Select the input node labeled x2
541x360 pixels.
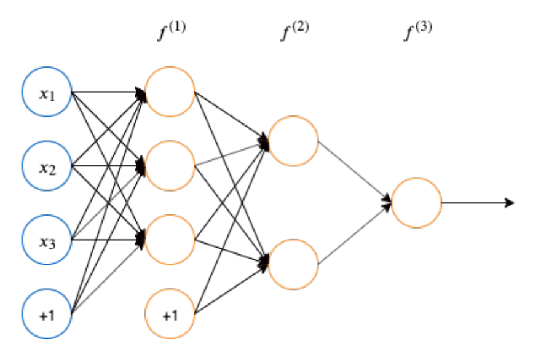47,166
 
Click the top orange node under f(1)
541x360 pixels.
170,92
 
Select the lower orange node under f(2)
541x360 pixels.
293,264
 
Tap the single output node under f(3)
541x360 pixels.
416,203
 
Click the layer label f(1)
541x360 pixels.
172,32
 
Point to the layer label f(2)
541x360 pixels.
294,32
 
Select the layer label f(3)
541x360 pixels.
417,32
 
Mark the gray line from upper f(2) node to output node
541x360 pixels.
353,171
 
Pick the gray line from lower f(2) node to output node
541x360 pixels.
353,234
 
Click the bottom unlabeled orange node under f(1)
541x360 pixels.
170,240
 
